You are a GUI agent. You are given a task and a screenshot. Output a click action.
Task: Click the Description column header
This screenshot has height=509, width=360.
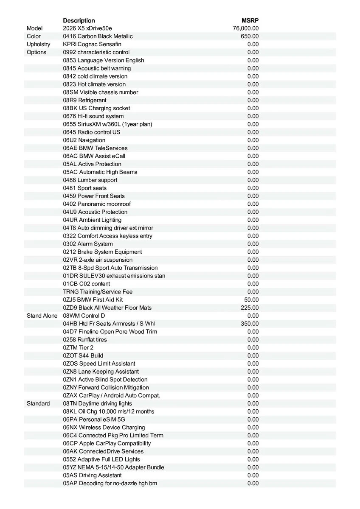[79, 20]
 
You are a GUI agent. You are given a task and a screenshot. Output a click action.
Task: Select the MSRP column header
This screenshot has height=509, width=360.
[250, 20]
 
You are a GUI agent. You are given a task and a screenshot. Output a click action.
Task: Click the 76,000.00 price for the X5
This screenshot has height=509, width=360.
[246, 28]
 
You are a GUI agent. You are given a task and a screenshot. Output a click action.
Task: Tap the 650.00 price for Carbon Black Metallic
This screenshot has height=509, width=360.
[250, 36]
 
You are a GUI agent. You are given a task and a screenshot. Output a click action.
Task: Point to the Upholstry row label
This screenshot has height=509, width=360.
[38, 44]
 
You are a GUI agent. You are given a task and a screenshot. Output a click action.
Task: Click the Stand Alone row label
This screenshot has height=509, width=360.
[42, 316]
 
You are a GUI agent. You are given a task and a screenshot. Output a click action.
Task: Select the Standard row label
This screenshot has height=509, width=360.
[38, 403]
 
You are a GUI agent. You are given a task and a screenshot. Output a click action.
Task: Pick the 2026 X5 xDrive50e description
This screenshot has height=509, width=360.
[87, 28]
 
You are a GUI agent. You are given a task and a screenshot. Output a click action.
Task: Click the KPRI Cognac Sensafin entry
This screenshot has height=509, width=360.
[92, 44]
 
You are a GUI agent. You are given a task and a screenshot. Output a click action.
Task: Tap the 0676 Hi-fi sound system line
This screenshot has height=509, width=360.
[93, 116]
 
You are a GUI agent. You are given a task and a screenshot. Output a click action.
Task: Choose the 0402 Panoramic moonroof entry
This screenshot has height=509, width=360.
[97, 204]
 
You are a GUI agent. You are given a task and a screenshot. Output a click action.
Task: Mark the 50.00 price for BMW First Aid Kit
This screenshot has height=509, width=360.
[251, 299]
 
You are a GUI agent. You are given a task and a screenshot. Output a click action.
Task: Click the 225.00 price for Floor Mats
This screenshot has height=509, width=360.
[250, 308]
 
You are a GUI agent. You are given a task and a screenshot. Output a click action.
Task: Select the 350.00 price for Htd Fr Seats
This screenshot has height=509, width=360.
[250, 324]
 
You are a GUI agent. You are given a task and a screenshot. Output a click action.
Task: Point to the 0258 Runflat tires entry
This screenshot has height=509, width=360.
[85, 340]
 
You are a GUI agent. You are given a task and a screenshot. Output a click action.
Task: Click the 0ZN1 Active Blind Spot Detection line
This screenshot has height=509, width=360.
[105, 380]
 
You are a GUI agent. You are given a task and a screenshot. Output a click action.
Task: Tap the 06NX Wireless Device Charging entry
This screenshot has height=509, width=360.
[104, 428]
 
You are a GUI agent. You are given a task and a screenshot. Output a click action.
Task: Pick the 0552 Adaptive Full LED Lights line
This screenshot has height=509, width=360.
[101, 459]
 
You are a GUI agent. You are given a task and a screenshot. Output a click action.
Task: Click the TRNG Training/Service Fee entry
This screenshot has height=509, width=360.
[98, 292]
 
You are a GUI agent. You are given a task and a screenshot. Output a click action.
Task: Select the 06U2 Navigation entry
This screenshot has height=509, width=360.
[84, 140]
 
